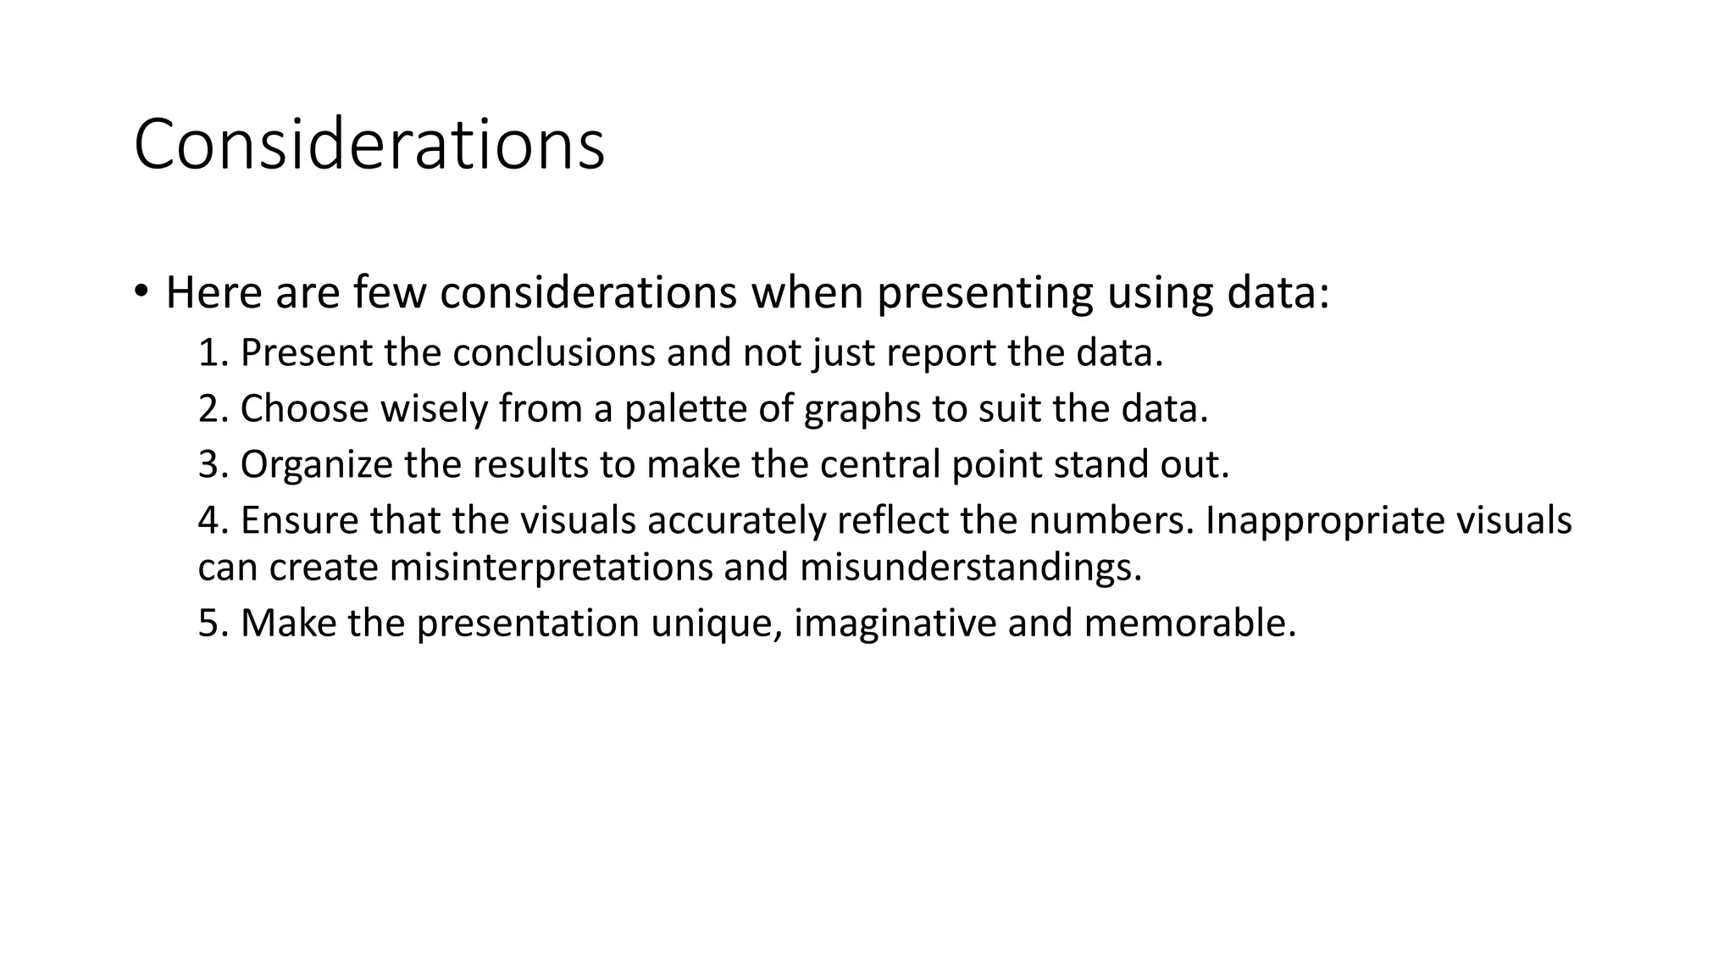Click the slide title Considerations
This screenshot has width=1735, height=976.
pyautogui.click(x=369, y=144)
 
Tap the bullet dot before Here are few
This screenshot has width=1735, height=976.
pyautogui.click(x=141, y=292)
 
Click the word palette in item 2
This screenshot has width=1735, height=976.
pyautogui.click(x=685, y=409)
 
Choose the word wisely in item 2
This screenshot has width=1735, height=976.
pyautogui.click(x=433, y=409)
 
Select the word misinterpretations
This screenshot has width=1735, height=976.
pyautogui.click(x=550, y=567)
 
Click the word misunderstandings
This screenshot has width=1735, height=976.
pyautogui.click(x=970, y=567)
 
